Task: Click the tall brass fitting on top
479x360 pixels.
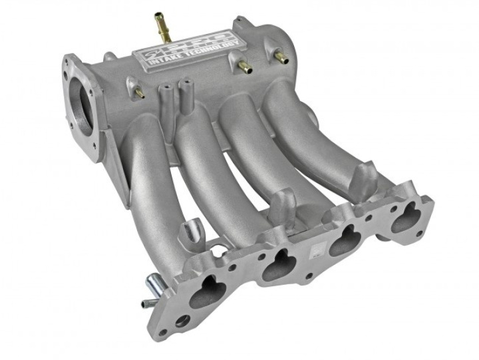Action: click(x=160, y=25)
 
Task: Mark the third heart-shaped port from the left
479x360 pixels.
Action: click(x=345, y=239)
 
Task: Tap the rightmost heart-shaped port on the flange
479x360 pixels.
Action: click(x=404, y=218)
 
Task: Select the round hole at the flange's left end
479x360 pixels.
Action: click(x=181, y=321)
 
